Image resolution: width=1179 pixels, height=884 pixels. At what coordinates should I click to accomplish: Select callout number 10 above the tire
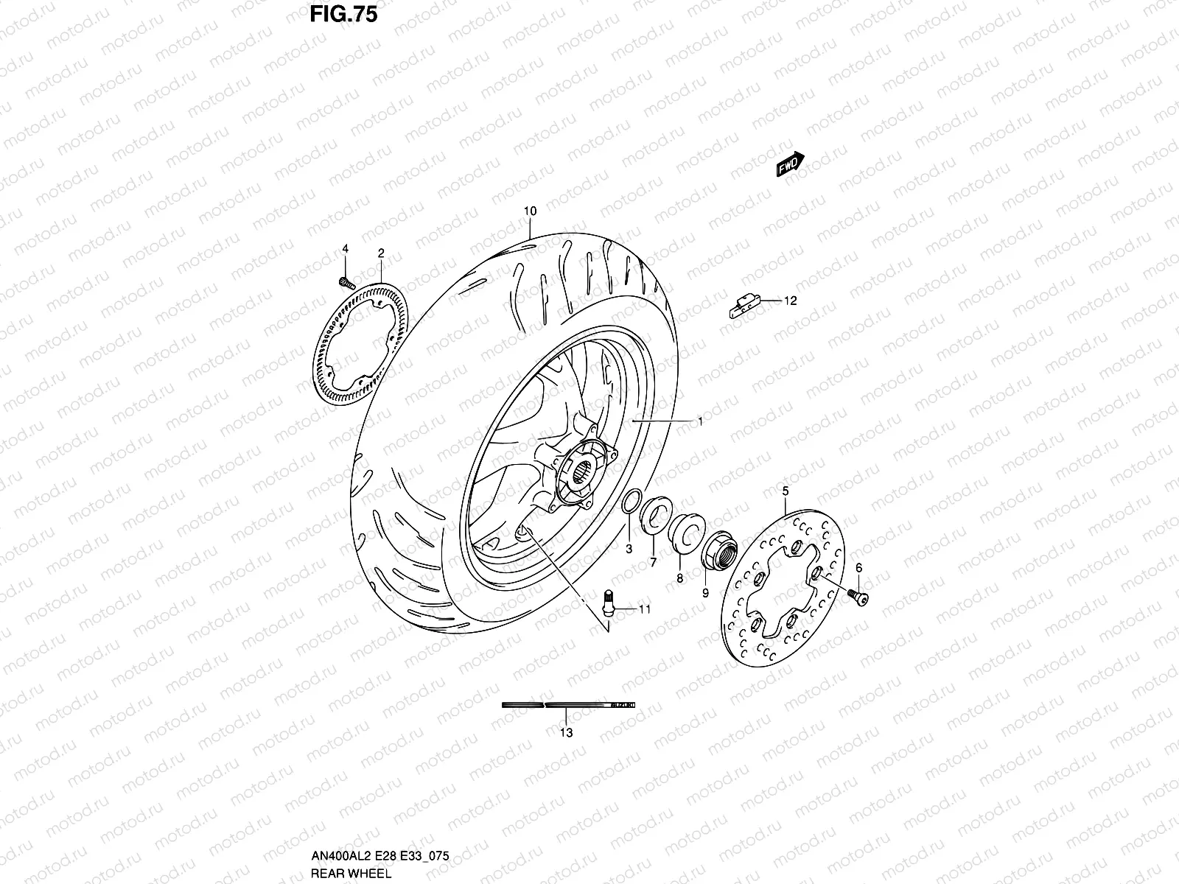tap(530, 211)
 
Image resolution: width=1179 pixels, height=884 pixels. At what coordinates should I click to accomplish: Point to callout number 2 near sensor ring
tap(381, 253)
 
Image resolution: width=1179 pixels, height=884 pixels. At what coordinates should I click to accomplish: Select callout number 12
tap(791, 301)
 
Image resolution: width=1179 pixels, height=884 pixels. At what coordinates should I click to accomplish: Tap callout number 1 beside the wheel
tap(700, 421)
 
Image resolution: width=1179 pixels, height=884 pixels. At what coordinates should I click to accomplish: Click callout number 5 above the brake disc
tap(786, 491)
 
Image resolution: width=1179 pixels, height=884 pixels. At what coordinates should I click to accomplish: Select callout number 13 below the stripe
tap(566, 732)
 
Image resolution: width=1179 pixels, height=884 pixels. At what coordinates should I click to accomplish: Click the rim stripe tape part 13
tap(567, 705)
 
